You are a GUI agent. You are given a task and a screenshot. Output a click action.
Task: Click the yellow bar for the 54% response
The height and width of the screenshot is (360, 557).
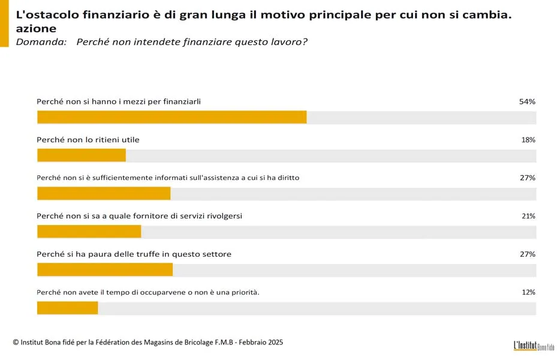[x=171, y=117]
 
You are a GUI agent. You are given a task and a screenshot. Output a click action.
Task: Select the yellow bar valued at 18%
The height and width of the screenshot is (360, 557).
[x=82, y=155]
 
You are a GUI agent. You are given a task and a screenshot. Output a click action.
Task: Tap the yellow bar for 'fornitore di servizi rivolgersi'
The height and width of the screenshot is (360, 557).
[x=89, y=232]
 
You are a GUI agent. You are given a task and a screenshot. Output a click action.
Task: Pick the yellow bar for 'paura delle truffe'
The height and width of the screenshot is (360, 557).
[x=105, y=269]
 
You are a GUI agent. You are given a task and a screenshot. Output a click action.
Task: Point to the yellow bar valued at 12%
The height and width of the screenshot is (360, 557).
[x=67, y=308]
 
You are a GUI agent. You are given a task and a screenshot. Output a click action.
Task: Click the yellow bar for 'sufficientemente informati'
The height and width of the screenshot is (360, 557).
[x=104, y=193]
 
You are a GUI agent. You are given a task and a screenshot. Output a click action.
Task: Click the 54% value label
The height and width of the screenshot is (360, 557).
[x=526, y=101]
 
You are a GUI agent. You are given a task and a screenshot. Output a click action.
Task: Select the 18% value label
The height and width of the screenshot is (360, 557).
[x=528, y=140]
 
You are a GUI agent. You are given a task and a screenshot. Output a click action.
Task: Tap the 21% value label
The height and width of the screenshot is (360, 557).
[x=528, y=216]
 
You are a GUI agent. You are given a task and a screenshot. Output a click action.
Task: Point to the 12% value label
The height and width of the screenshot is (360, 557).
[x=528, y=292]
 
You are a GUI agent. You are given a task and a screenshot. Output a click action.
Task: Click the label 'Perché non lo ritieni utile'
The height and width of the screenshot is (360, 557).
[x=88, y=140]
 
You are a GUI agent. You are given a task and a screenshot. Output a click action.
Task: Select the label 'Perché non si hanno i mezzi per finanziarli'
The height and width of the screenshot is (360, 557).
[x=119, y=101]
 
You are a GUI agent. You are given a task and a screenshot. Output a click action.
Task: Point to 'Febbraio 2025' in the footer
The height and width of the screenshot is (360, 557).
[x=261, y=342]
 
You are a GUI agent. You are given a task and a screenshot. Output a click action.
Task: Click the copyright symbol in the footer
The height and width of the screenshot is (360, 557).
[x=16, y=343]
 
